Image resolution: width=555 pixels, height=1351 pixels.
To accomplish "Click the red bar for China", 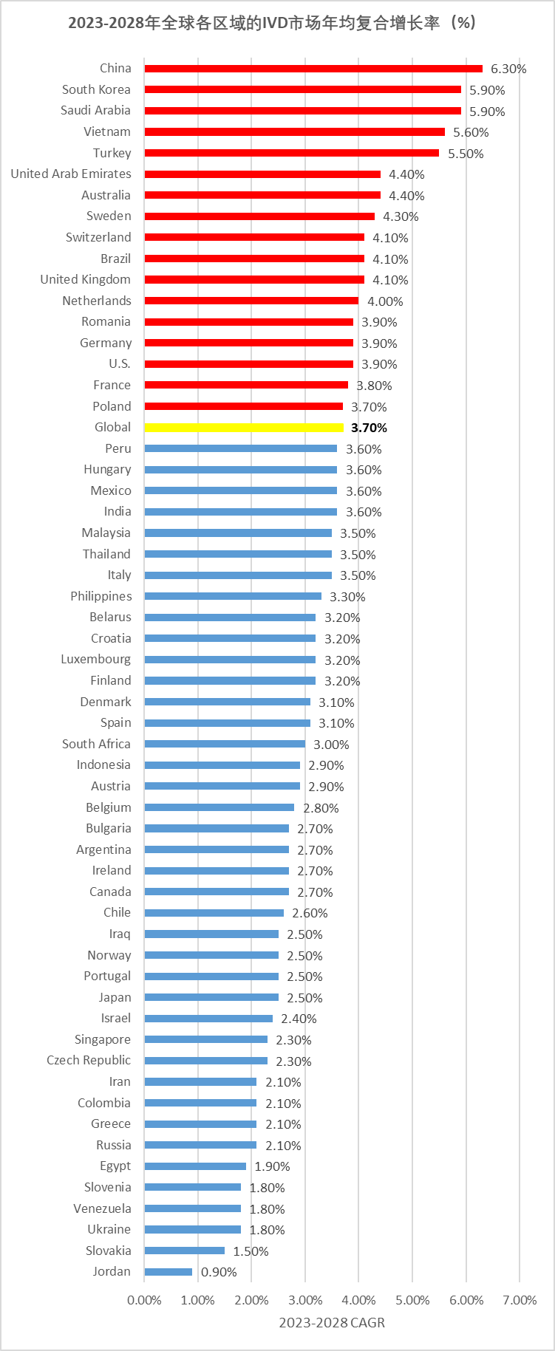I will [313, 69].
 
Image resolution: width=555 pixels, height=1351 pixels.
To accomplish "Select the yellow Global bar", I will [244, 428].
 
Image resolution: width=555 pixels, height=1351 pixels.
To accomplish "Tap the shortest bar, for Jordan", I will [168, 1272].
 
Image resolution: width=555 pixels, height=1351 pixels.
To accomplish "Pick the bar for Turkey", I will [291, 153].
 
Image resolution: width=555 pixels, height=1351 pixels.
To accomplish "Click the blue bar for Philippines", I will [233, 596].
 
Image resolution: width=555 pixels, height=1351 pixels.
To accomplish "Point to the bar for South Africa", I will [225, 744].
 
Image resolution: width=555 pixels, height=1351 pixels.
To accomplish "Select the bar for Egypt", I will [195, 1166].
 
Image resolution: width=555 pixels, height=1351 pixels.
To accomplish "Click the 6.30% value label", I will [508, 69].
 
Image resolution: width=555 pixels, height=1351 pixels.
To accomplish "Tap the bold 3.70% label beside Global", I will [369, 428].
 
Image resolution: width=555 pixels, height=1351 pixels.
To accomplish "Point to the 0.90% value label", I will [219, 1272].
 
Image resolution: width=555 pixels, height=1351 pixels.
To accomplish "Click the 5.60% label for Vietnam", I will [471, 132].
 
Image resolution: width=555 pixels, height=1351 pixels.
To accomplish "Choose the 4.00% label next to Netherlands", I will [385, 301].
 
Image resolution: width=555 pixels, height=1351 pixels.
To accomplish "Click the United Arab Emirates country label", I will [71, 174].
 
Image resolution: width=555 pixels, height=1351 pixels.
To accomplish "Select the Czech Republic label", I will [89, 1060].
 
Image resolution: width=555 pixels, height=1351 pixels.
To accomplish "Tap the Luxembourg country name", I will [95, 659].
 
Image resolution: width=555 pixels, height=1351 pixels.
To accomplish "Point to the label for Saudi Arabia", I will [95, 110].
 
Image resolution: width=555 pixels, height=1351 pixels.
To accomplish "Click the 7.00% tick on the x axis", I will [520, 1300].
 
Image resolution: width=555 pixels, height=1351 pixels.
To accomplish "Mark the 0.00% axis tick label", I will [144, 1300].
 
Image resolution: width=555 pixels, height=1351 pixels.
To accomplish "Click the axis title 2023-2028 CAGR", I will [332, 1322].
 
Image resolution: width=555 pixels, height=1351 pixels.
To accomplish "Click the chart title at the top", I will [273, 23].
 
